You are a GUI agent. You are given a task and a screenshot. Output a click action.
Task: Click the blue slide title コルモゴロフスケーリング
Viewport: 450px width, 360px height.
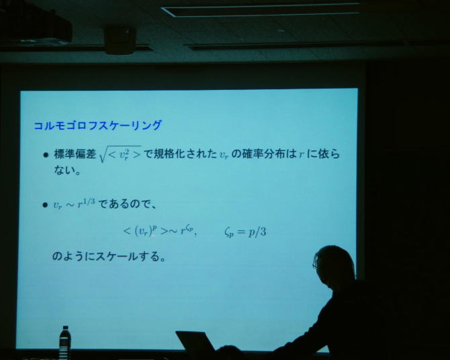coord(98,126)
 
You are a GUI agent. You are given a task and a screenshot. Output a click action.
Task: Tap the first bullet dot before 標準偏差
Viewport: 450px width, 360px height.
coord(46,155)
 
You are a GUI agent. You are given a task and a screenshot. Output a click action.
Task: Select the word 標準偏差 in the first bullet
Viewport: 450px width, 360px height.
coord(75,154)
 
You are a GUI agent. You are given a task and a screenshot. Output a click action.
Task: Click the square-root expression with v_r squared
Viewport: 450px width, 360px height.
coord(120,154)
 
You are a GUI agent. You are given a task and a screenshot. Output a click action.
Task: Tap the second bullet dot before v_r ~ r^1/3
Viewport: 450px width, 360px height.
coord(45,205)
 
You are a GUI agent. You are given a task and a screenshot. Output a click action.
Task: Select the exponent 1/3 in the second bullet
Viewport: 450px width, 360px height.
coord(89,201)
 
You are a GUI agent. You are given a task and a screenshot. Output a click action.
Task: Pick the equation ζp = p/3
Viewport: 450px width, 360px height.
coord(245,232)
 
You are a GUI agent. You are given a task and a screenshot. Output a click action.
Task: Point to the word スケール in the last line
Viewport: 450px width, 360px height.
coord(116,256)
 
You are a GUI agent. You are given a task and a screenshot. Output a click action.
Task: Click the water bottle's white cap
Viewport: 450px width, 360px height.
coord(66,328)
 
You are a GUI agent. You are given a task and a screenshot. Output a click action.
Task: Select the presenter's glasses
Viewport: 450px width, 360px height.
coord(315,264)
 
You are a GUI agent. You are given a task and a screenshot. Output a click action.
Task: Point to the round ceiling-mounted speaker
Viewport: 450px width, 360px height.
coord(120,40)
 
